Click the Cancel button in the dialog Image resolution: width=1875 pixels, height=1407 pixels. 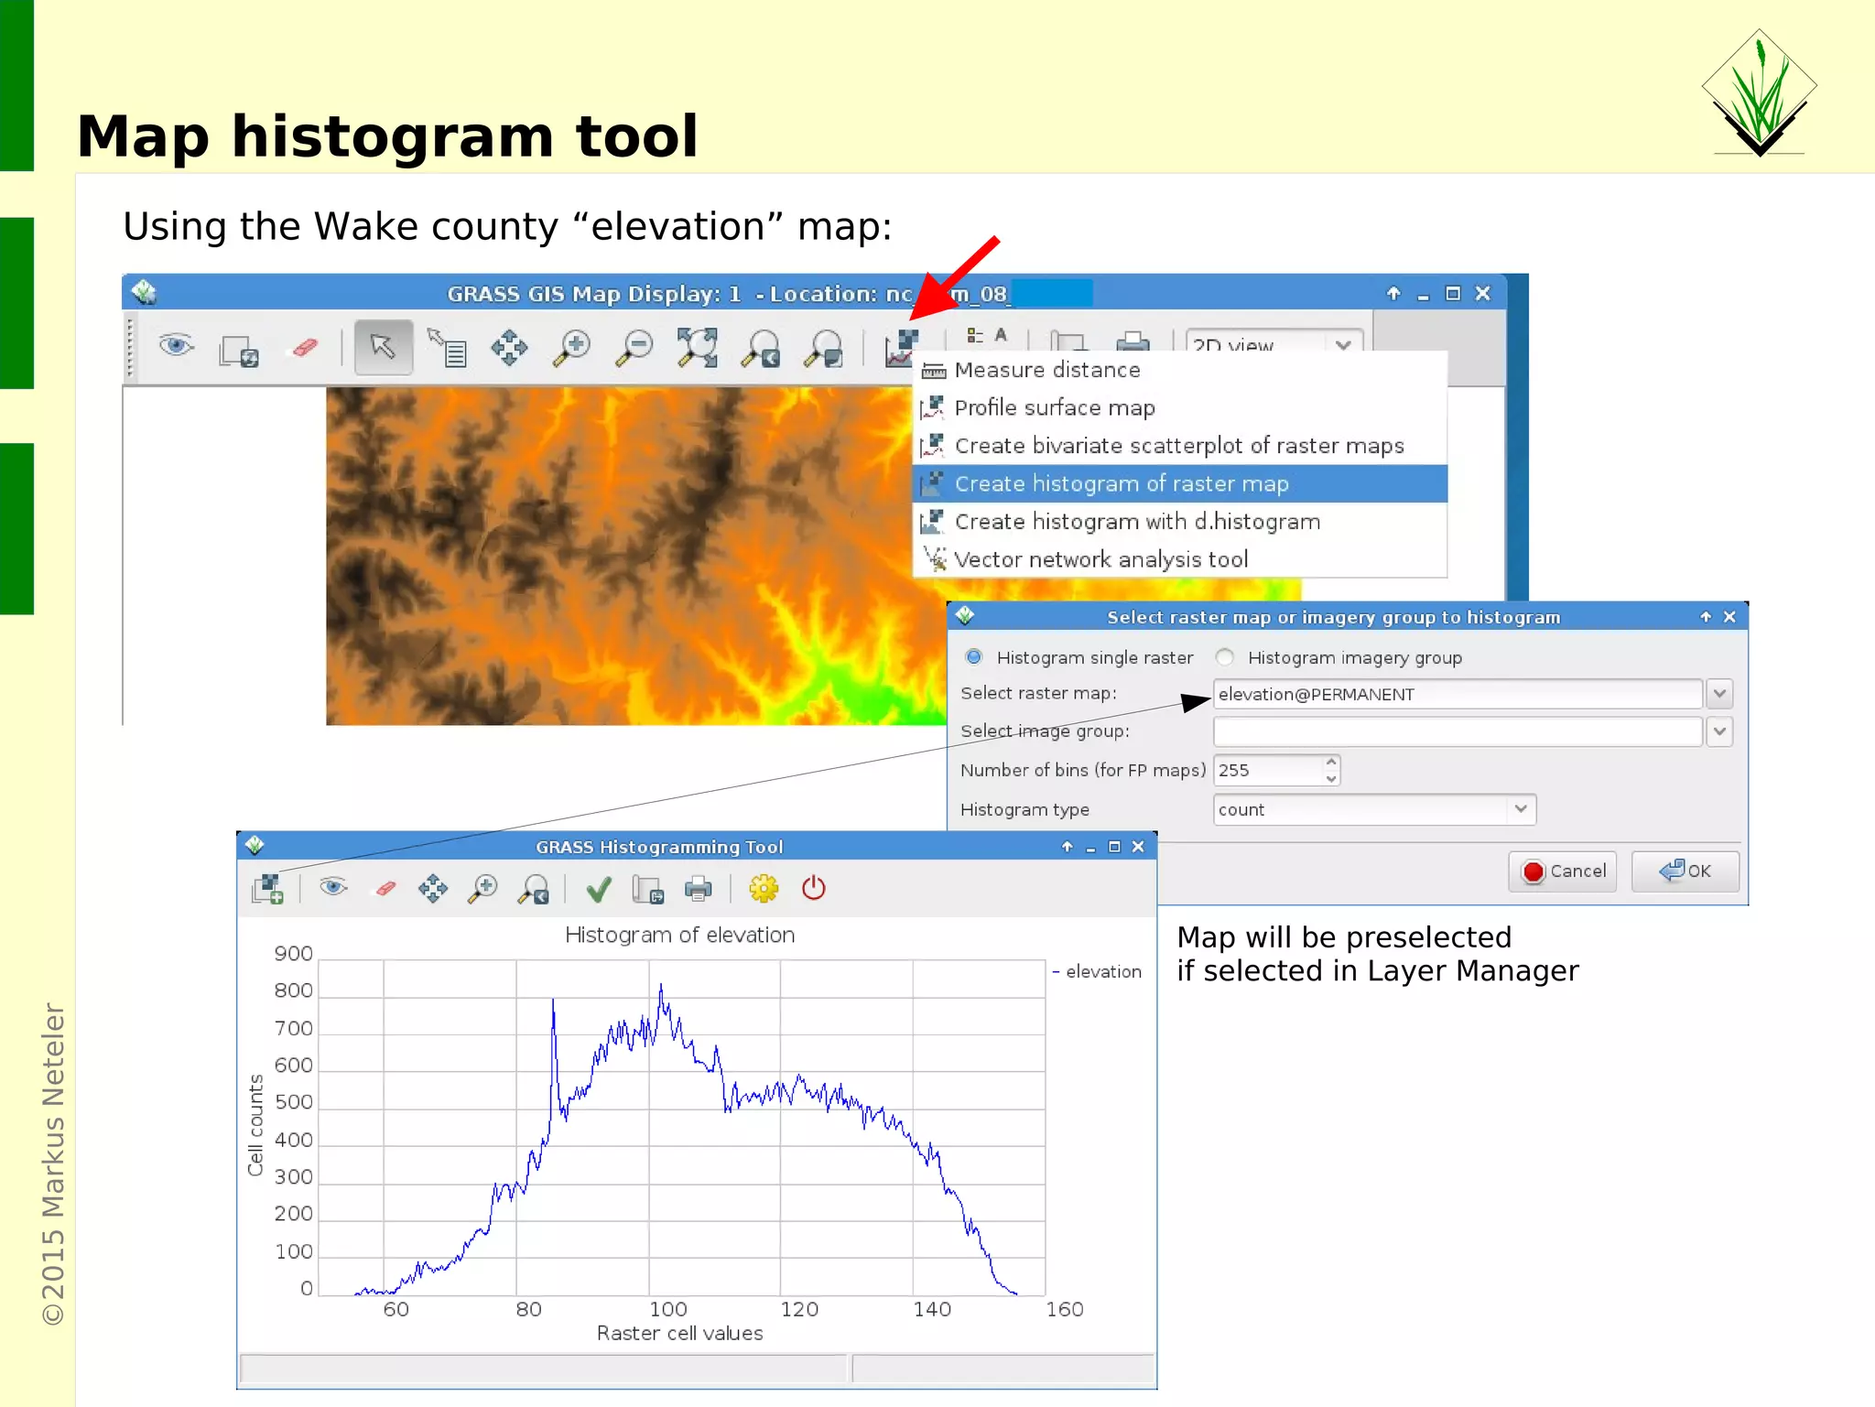coord(1563,871)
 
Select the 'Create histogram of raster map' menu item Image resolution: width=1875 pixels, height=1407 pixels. coord(1121,483)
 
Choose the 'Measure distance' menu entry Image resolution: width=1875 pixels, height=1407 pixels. coord(1046,370)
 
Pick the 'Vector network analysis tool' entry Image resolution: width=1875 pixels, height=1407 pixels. coord(1100,559)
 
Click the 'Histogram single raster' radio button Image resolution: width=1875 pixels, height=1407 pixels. coord(974,657)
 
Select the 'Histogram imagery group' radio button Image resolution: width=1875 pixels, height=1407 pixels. coord(1225,657)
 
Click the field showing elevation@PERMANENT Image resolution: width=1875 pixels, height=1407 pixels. coord(1456,694)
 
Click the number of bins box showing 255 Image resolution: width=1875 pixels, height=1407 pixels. coord(1268,770)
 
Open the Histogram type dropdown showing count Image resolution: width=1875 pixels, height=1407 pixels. coord(1373,809)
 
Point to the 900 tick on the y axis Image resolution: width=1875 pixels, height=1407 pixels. coord(293,954)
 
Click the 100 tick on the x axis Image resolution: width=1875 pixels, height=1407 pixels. coord(667,1309)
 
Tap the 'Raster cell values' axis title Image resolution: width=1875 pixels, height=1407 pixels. coord(679,1333)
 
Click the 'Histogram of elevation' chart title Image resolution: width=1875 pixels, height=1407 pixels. coord(679,935)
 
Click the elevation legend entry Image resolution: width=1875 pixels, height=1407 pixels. coord(1102,971)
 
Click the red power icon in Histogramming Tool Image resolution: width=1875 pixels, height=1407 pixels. coord(813,888)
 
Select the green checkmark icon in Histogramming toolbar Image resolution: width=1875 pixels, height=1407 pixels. coord(599,889)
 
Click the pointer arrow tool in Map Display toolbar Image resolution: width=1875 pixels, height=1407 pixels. coord(383,347)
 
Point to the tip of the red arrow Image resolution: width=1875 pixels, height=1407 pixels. coord(913,318)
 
